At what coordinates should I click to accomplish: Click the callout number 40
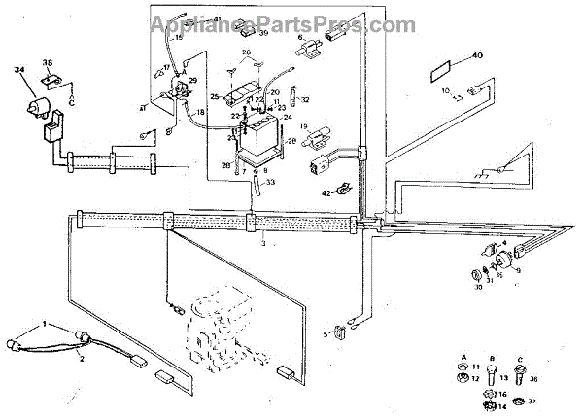[476, 55]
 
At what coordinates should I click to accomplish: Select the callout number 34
[19, 70]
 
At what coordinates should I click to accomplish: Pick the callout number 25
[215, 96]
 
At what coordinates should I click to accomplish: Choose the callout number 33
[270, 181]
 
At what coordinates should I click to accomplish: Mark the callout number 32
[306, 99]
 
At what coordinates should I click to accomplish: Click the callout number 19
[303, 127]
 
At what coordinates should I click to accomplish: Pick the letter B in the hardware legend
[494, 357]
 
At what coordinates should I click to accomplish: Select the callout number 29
[192, 80]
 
